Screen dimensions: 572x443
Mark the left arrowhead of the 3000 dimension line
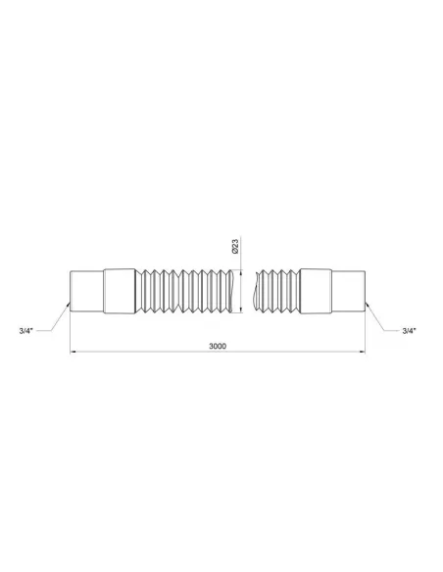coord(74,353)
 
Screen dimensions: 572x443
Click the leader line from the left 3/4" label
coord(55,317)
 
